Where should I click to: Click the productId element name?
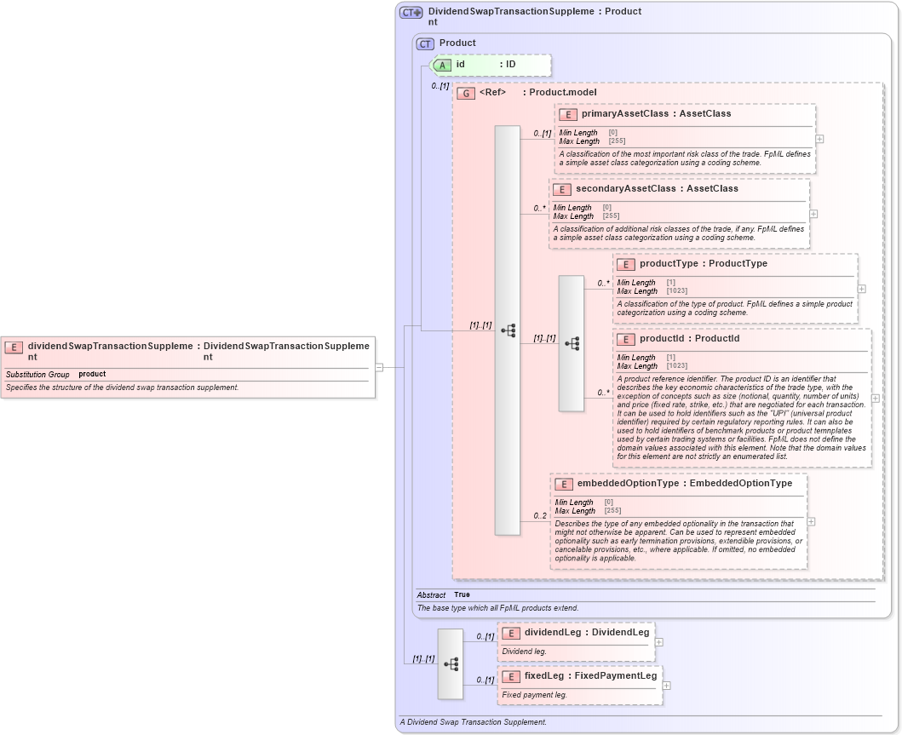pyautogui.click(x=664, y=339)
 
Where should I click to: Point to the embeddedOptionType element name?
pyautogui.click(x=628, y=484)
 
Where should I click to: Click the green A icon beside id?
pyautogui.click(x=442, y=65)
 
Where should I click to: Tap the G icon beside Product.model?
pyautogui.click(x=465, y=93)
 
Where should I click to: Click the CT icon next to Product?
pyautogui.click(x=425, y=43)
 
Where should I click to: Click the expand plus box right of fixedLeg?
pyautogui.click(x=666, y=685)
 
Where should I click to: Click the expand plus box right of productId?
pyautogui.click(x=875, y=398)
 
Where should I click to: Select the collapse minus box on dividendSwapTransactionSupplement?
pyautogui.click(x=379, y=367)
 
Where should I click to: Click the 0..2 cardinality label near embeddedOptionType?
pyautogui.click(x=540, y=516)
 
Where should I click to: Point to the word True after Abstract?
pyautogui.click(x=462, y=594)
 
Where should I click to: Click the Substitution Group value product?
pyautogui.click(x=92, y=375)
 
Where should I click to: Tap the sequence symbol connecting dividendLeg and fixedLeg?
pyautogui.click(x=451, y=663)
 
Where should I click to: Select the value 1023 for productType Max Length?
pyautogui.click(x=677, y=291)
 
